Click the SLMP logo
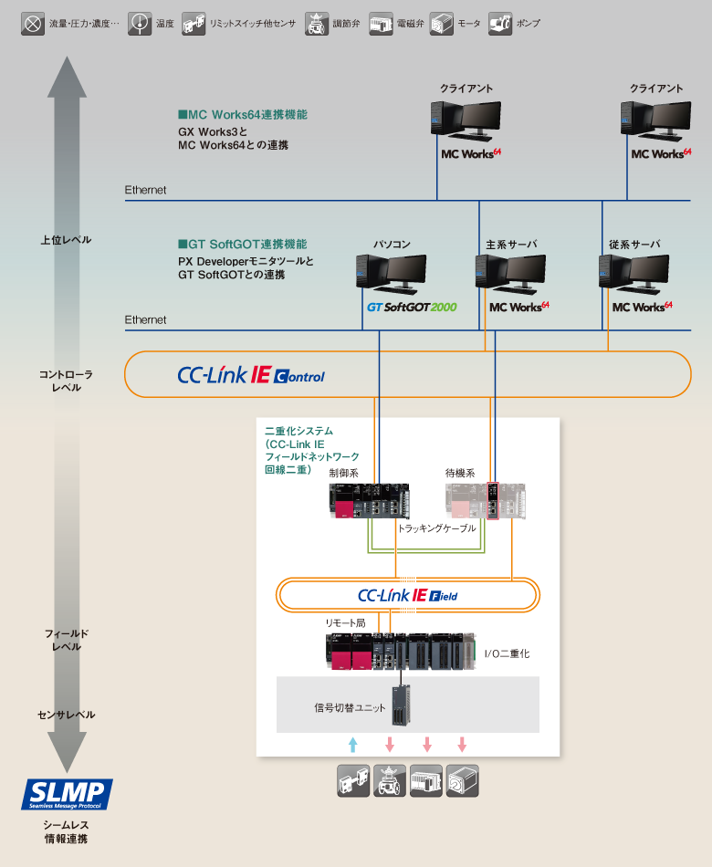tap(68, 794)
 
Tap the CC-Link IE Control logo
tap(250, 375)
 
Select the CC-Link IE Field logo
tap(407, 596)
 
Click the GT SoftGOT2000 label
tap(412, 308)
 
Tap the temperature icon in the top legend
tap(140, 23)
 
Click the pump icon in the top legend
tap(500, 23)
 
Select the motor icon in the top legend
tap(442, 23)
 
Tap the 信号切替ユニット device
tap(401, 705)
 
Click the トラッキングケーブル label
tap(436, 528)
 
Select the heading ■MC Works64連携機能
tap(242, 115)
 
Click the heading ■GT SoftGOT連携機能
tap(242, 245)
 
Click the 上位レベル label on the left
tap(66, 240)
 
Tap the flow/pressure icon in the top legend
tap(33, 23)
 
